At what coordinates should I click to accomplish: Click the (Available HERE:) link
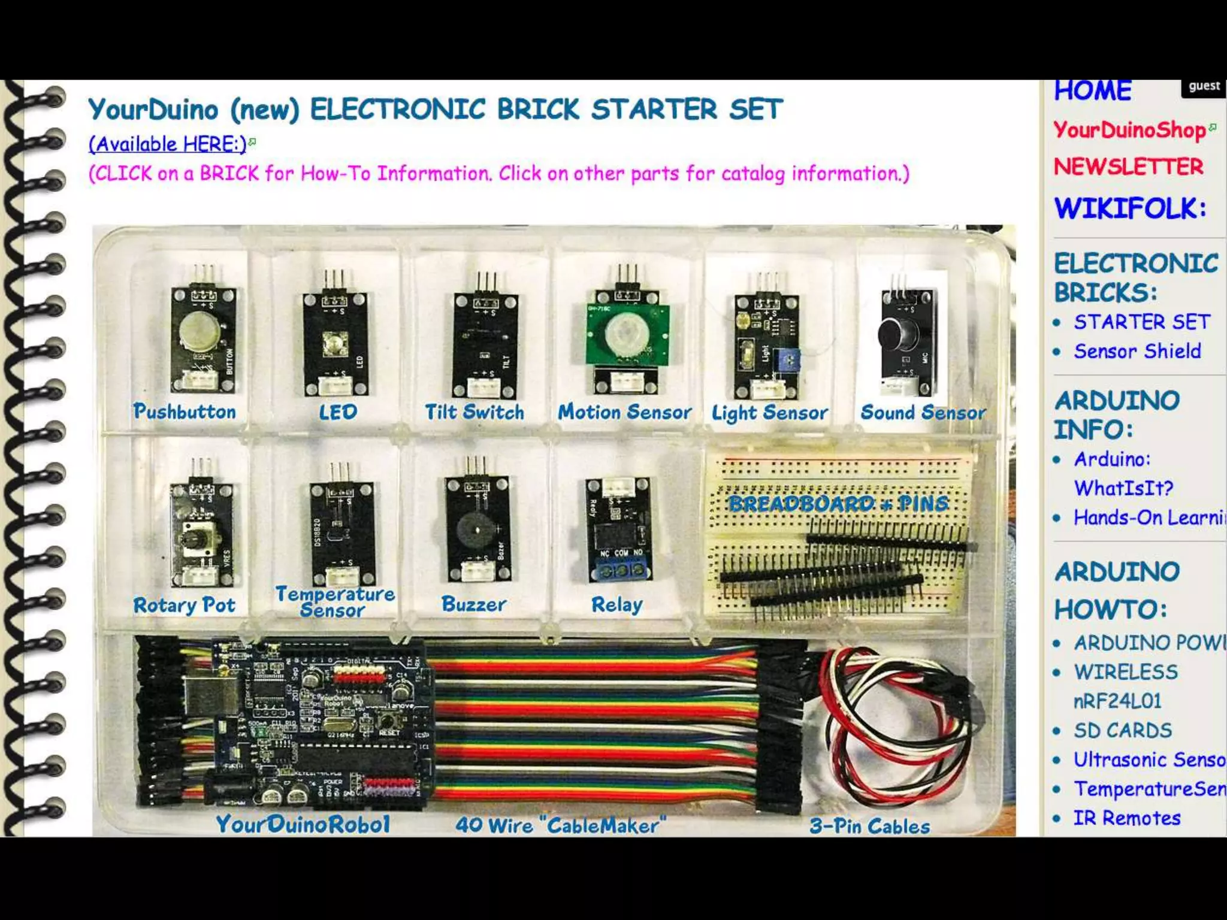168,144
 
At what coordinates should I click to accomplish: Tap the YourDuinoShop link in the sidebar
1129,130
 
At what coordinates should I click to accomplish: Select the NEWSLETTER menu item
1128,167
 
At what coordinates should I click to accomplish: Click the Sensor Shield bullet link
1137,351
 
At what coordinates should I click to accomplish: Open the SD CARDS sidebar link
1122,730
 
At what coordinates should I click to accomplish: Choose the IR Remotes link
1126,818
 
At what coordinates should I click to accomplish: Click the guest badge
1204,86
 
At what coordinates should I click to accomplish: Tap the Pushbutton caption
185,411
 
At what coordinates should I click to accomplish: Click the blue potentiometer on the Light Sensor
787,361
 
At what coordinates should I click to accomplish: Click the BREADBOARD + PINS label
838,503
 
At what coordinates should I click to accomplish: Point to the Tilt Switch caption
474,412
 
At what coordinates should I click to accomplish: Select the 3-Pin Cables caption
869,827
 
